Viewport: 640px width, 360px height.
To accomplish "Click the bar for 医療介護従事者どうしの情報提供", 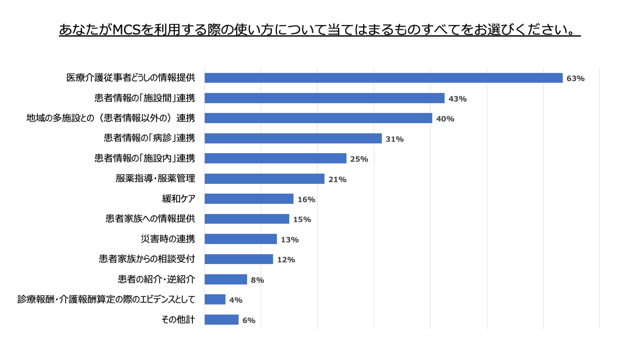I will click(383, 78).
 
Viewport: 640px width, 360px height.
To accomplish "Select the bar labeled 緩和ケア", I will click(249, 199).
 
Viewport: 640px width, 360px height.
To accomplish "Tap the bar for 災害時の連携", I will click(241, 239).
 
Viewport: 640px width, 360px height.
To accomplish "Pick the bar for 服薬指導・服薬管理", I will click(265, 179).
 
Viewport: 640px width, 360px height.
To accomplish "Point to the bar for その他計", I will click(221, 319).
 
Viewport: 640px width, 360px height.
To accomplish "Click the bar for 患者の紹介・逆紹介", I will click(226, 279).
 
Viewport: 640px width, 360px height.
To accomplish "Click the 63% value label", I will click(575, 78).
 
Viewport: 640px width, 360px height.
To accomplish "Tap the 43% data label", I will click(457, 99).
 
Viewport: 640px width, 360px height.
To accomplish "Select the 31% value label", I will click(394, 139).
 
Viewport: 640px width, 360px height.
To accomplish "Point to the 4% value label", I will click(236, 300).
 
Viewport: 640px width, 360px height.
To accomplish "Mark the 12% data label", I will click(286, 260).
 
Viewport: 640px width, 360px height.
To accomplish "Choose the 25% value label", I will click(359, 159).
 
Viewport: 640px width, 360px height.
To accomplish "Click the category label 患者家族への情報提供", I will click(150, 219).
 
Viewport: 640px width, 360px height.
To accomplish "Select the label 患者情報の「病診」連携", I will click(149, 138).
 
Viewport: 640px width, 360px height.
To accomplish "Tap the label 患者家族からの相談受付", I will click(147, 259).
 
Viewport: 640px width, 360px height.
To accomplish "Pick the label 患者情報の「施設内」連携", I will click(145, 158).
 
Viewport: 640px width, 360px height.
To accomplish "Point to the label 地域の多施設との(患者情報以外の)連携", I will click(111, 118).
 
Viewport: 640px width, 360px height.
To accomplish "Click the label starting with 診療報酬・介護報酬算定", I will click(106, 299).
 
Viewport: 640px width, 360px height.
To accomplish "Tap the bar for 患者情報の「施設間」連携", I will click(324, 98).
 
